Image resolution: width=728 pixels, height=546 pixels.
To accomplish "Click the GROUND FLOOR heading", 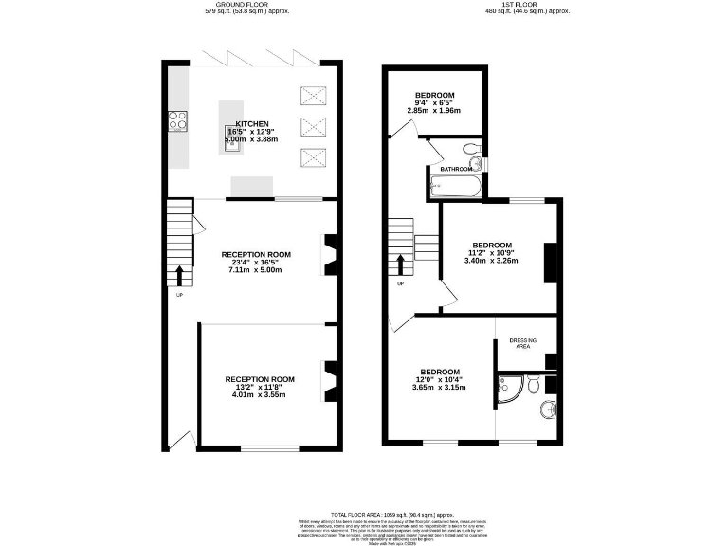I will [246, 4].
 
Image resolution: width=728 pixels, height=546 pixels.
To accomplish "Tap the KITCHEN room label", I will [252, 124].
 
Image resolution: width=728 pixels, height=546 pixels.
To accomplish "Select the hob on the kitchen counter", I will [177, 120].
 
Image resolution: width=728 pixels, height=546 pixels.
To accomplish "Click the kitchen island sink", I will [230, 133].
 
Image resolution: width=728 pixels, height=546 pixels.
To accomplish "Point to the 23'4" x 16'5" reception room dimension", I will [256, 262].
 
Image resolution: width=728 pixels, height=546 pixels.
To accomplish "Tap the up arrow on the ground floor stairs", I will [179, 275].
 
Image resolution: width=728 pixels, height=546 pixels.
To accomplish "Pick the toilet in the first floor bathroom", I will [471, 149].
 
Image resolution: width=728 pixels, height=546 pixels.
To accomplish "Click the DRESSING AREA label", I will [524, 343].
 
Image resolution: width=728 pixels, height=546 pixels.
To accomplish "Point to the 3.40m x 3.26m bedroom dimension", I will [492, 260].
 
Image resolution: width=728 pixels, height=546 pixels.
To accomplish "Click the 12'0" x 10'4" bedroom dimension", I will [440, 379].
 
